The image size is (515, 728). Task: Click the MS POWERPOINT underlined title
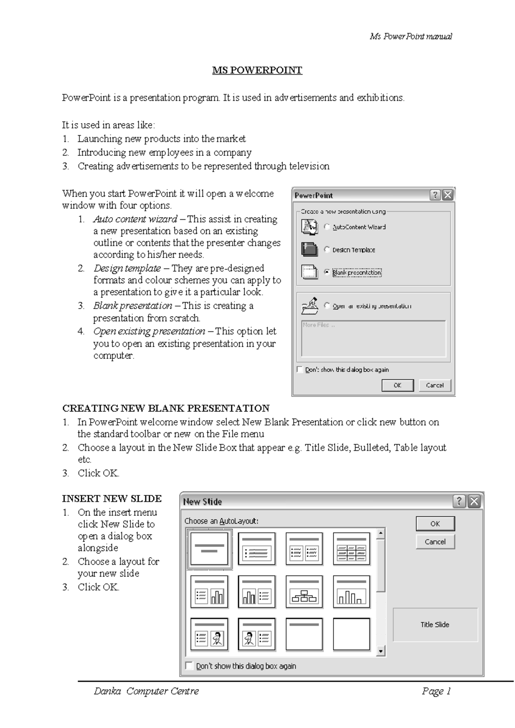(257, 70)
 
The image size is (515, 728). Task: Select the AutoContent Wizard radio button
(327, 227)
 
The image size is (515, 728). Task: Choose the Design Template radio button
(327, 249)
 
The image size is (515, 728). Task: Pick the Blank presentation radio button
(327, 272)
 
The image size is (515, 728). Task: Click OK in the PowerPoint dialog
(397, 385)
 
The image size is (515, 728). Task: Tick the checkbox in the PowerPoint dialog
(300, 370)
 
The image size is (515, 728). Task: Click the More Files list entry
(318, 325)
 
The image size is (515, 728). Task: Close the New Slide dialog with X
(474, 501)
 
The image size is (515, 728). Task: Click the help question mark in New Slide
(459, 501)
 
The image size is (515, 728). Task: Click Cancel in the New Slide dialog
(435, 542)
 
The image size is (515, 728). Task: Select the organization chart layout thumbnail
(304, 592)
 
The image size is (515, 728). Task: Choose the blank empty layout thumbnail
(351, 634)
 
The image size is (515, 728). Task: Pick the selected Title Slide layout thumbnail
(209, 549)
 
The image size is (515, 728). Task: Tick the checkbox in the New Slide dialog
(189, 666)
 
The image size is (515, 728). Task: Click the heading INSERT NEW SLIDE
(112, 499)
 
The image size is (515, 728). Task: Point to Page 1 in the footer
(436, 691)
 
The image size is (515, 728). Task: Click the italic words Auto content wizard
(135, 219)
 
